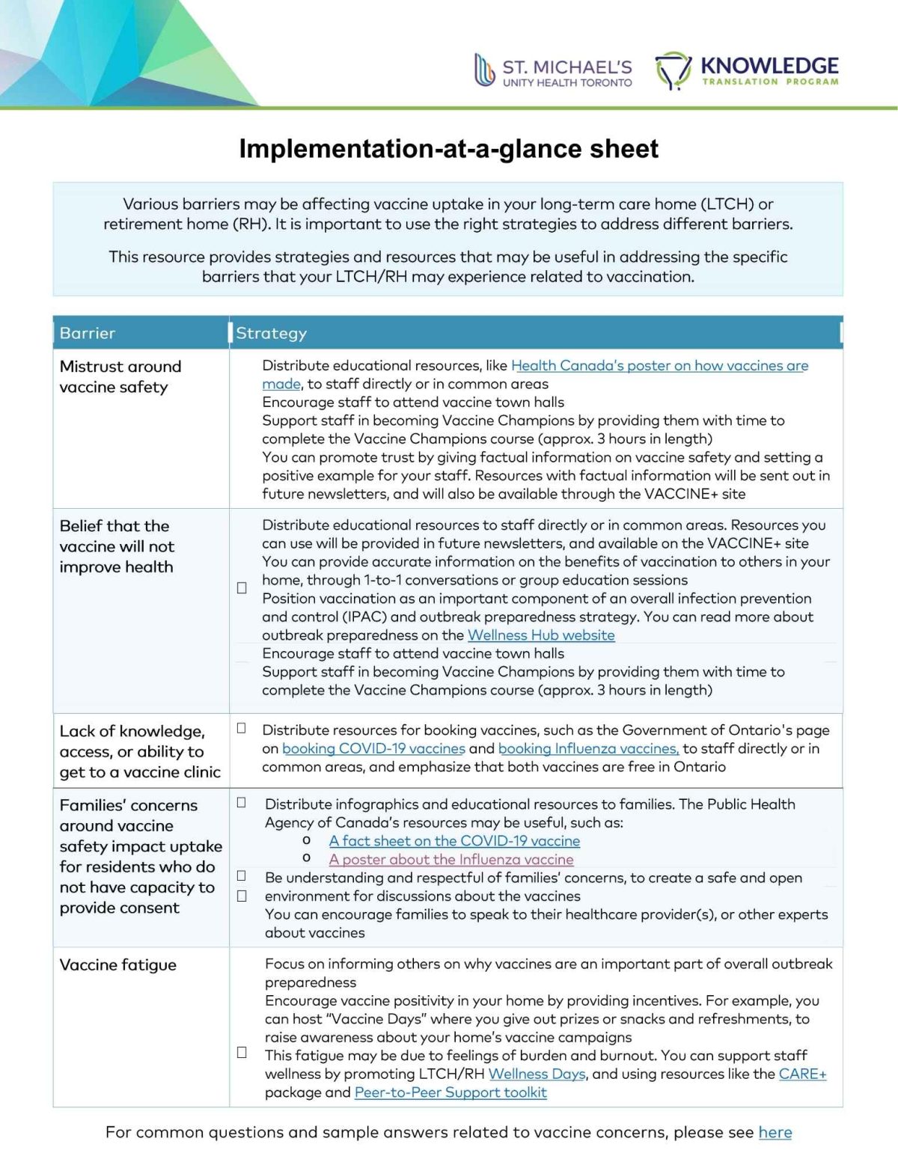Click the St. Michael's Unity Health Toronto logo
(553, 72)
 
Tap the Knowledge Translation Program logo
(747, 71)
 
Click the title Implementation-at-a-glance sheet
(448, 149)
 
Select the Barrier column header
(88, 333)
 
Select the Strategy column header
(272, 333)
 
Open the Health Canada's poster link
(659, 366)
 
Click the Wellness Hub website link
(541, 635)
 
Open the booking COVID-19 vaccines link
(373, 748)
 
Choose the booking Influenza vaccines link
(588, 748)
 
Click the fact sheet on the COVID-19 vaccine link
(454, 841)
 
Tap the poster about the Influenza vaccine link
(451, 860)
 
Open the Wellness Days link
(537, 1074)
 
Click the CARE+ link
(802, 1074)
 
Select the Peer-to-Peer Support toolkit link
(450, 1092)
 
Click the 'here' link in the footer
(775, 1132)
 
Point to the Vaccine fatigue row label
(118, 965)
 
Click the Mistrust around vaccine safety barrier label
(120, 376)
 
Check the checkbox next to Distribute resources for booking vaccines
(242, 728)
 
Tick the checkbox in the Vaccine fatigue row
(242, 1052)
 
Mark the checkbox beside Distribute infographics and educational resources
(242, 803)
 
